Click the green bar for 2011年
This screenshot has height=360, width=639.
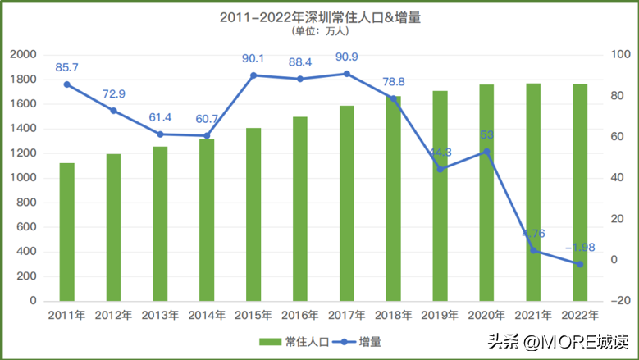pyautogui.click(x=67, y=232)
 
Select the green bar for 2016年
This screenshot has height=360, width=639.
pyautogui.click(x=300, y=208)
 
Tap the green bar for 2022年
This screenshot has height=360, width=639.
pyautogui.click(x=580, y=192)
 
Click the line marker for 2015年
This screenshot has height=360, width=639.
pyautogui.click(x=253, y=75)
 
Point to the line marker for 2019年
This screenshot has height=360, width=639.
pyautogui.click(x=440, y=169)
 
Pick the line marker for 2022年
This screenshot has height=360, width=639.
pyautogui.click(x=580, y=264)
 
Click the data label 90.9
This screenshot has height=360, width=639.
pyautogui.click(x=348, y=58)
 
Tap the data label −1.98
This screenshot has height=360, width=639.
pyautogui.click(x=579, y=248)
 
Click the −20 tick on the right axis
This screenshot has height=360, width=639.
pyautogui.click(x=620, y=301)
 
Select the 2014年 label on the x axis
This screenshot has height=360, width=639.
pyautogui.click(x=207, y=314)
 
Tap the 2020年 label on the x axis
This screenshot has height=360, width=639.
pyautogui.click(x=487, y=314)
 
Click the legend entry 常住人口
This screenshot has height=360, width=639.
pyautogui.click(x=296, y=341)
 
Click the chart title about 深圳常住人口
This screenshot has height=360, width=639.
pyautogui.click(x=320, y=17)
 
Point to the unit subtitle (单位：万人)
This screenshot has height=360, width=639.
pyautogui.click(x=320, y=32)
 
